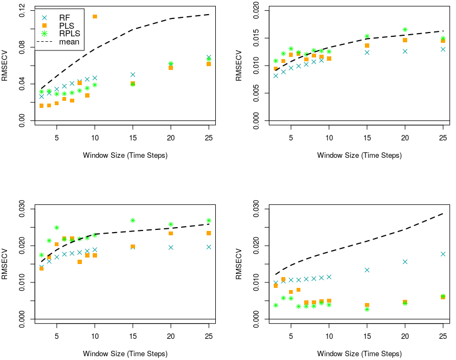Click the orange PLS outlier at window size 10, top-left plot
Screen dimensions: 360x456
95,17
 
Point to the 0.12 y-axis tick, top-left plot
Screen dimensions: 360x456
22,11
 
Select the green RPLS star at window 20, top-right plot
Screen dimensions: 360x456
405,30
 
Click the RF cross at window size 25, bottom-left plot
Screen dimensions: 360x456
209,247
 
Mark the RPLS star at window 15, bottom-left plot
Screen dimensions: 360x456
133,220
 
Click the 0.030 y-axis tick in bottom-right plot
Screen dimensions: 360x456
256,209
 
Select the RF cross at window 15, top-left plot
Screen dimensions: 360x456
133,74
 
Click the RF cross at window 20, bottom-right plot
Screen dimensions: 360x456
405,262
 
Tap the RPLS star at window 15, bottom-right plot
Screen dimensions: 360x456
367,309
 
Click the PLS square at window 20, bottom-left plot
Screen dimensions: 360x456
171,233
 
